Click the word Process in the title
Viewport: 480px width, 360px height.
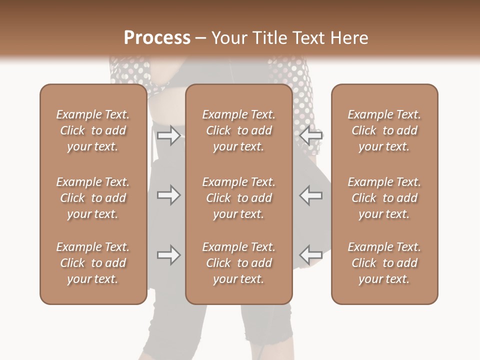157,38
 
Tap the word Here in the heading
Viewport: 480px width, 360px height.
348,38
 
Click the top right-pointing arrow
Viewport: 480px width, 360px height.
168,135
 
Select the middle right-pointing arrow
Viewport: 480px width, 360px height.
168,195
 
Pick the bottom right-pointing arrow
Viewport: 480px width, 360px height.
168,255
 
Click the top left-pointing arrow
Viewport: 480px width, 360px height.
311,135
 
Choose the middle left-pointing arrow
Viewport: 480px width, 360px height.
311,195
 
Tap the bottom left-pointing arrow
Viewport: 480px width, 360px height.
311,255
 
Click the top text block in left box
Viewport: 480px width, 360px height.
93,130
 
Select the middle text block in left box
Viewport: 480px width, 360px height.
93,198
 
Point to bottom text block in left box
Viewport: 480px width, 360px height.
93,263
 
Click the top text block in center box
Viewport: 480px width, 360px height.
238,130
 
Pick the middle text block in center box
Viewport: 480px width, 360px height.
238,198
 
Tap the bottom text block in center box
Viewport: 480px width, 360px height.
238,263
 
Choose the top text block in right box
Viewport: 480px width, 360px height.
384,130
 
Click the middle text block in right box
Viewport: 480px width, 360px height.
384,198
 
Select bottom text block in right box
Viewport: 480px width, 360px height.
384,263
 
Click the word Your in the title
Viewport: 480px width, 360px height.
228,38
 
